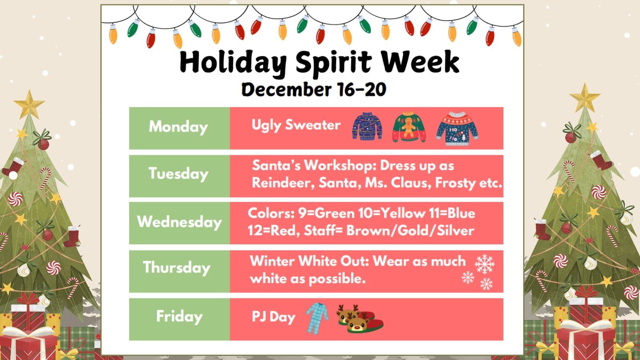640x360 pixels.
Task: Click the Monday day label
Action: (178, 127)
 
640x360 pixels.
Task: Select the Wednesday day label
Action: (179, 222)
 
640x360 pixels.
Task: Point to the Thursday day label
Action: (176, 268)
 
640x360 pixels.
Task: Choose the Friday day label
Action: (179, 317)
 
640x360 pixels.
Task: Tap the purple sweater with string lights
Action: (367, 126)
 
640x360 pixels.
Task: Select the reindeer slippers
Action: (359, 318)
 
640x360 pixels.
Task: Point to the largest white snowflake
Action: (484, 264)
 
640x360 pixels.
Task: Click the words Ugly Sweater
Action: (296, 126)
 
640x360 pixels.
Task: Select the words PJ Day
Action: (273, 317)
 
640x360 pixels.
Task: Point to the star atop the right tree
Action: (585, 97)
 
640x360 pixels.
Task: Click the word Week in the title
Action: (420, 62)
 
